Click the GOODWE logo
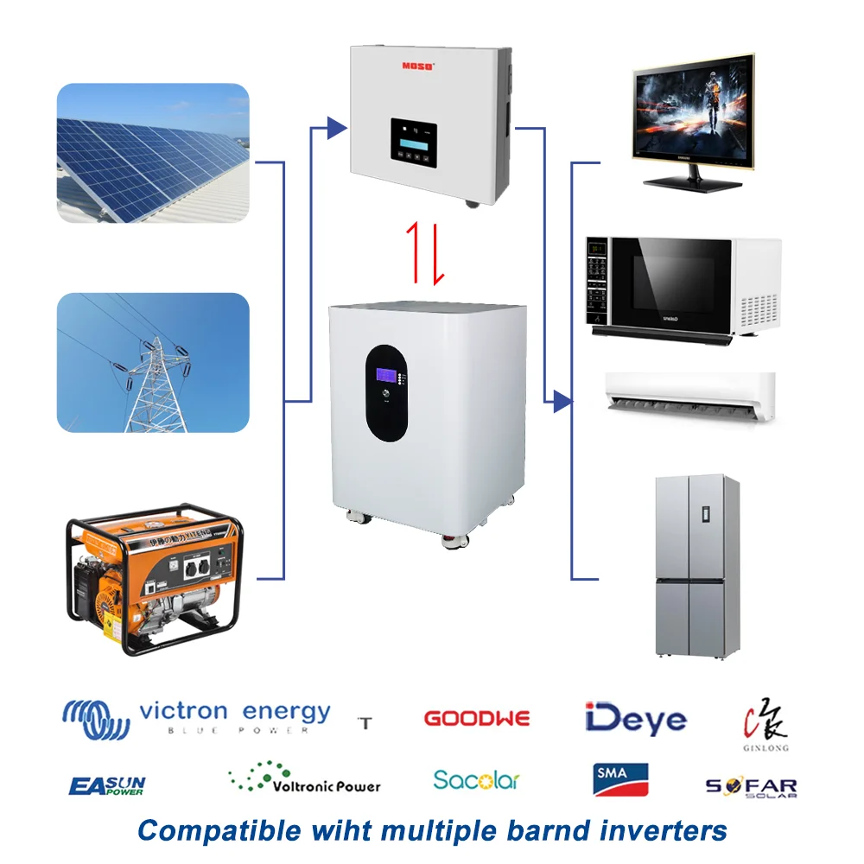click(477, 718)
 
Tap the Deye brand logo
click(635, 719)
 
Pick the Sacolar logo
click(476, 780)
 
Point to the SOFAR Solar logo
click(751, 787)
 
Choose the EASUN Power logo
click(107, 785)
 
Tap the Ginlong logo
click(766, 728)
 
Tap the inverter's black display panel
click(413, 143)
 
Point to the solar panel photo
click(153, 153)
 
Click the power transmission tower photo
click(153, 363)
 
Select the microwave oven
click(683, 289)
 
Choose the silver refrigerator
click(696, 565)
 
